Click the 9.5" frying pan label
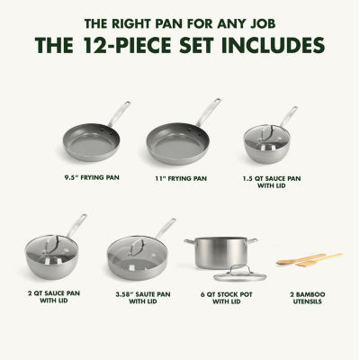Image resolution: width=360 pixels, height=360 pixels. coord(92,177)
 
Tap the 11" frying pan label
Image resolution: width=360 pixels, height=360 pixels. coord(181,178)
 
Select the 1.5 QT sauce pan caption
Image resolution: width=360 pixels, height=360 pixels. coord(272,182)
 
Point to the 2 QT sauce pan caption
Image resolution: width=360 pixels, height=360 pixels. coord(54,296)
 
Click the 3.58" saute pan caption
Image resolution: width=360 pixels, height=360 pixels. coord(143,298)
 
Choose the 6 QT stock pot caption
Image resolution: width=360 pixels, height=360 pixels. coord(227,298)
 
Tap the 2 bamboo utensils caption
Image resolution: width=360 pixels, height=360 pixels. coord(308,298)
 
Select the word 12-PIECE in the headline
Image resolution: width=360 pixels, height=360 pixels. coord(128,45)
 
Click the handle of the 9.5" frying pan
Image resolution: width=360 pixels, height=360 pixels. coord(120,114)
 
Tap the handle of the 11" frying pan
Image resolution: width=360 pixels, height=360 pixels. coord(209,112)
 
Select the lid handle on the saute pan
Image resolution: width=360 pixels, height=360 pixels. coord(137,247)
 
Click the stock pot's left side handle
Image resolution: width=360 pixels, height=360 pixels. coord(190,241)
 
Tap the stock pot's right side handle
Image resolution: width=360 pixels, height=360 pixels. coord(253,240)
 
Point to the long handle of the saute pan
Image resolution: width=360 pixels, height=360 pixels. coord(166,229)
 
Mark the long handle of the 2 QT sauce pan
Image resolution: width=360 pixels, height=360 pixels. coord(76,225)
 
